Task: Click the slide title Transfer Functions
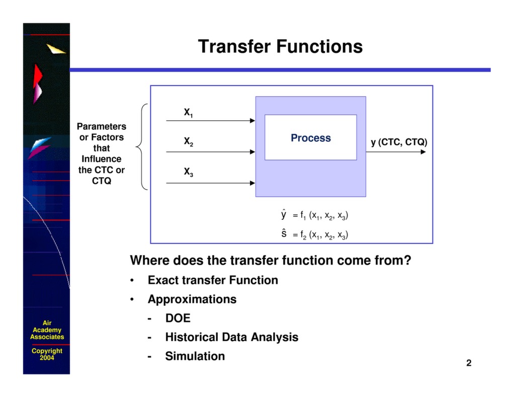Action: click(x=280, y=46)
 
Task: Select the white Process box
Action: click(x=310, y=137)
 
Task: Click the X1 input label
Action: click(x=189, y=113)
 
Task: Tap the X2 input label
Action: click(x=189, y=142)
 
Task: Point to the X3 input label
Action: click(x=189, y=173)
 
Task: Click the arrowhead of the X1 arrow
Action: click(x=252, y=121)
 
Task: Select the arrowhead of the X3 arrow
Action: click(x=252, y=183)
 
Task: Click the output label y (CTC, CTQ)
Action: click(x=399, y=142)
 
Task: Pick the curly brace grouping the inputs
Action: click(x=141, y=147)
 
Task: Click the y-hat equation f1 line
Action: click(x=315, y=215)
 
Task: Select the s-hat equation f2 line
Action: click(x=315, y=234)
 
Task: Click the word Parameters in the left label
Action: click(x=101, y=126)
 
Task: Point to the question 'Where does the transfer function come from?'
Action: click(x=271, y=261)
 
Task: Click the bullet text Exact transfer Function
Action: click(x=213, y=280)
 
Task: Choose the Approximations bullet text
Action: click(x=192, y=299)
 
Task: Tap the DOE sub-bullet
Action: click(x=178, y=319)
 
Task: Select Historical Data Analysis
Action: click(x=231, y=337)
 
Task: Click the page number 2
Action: click(x=469, y=363)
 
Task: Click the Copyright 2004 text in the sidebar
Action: click(x=47, y=354)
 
